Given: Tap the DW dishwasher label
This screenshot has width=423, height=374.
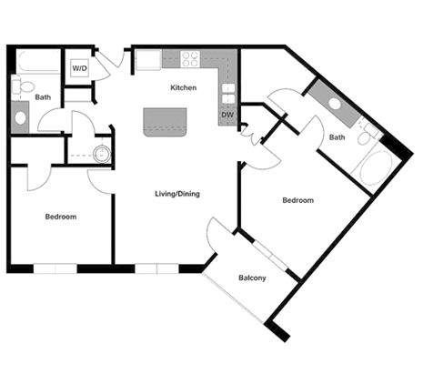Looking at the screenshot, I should coord(227,115).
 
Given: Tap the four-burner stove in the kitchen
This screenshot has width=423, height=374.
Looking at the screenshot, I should coord(191,60).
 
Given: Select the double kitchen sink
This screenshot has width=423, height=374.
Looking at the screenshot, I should coord(227,91).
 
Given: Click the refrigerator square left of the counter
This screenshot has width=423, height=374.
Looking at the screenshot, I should coord(146,61).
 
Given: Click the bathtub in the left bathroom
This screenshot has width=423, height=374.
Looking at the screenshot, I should coord(35,64).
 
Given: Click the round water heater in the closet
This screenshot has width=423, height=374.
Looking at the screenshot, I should coord(101,150).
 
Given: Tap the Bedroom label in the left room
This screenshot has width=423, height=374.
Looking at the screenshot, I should coord(61,217).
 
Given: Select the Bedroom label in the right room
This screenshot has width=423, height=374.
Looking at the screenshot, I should coord(297,200).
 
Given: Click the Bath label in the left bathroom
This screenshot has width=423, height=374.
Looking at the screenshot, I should coord(43,96).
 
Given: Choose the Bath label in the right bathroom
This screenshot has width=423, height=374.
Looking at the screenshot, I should coord(337,137).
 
